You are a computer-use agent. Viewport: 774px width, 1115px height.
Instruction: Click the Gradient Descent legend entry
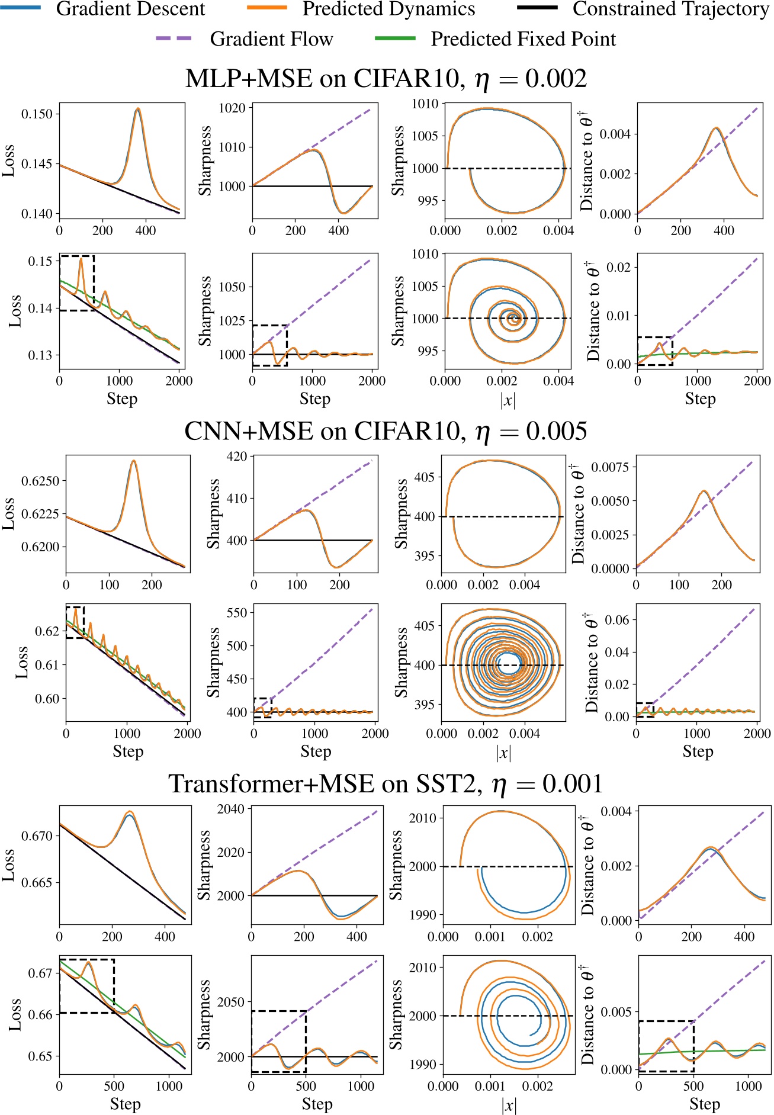pyautogui.click(x=130, y=9)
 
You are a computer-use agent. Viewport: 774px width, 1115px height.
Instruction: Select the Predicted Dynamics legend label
pyautogui.click(x=388, y=9)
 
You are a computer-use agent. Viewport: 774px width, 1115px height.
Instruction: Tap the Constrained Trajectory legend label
pyautogui.click(x=670, y=9)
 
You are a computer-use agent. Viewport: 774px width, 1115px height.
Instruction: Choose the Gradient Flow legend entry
pyautogui.click(x=271, y=39)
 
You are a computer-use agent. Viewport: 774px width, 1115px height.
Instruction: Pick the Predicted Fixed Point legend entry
pyautogui.click(x=522, y=39)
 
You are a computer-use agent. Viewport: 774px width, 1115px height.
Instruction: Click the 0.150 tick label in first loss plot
pyautogui.click(x=37, y=114)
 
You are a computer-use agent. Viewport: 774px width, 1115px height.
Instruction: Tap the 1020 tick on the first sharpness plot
pyautogui.click(x=232, y=108)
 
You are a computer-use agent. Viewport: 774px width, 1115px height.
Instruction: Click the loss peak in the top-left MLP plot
pyautogui.click(x=138, y=109)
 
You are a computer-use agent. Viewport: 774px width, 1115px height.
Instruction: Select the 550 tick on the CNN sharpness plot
pyautogui.click(x=236, y=612)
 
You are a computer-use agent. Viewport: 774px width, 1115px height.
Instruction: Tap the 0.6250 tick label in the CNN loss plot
pyautogui.click(x=40, y=481)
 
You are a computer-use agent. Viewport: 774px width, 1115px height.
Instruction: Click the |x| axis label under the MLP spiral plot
pyautogui.click(x=508, y=400)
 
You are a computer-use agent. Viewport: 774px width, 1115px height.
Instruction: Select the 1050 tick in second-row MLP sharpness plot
pyautogui.click(x=232, y=287)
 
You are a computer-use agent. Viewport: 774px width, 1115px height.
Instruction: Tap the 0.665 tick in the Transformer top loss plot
pyautogui.click(x=37, y=882)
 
